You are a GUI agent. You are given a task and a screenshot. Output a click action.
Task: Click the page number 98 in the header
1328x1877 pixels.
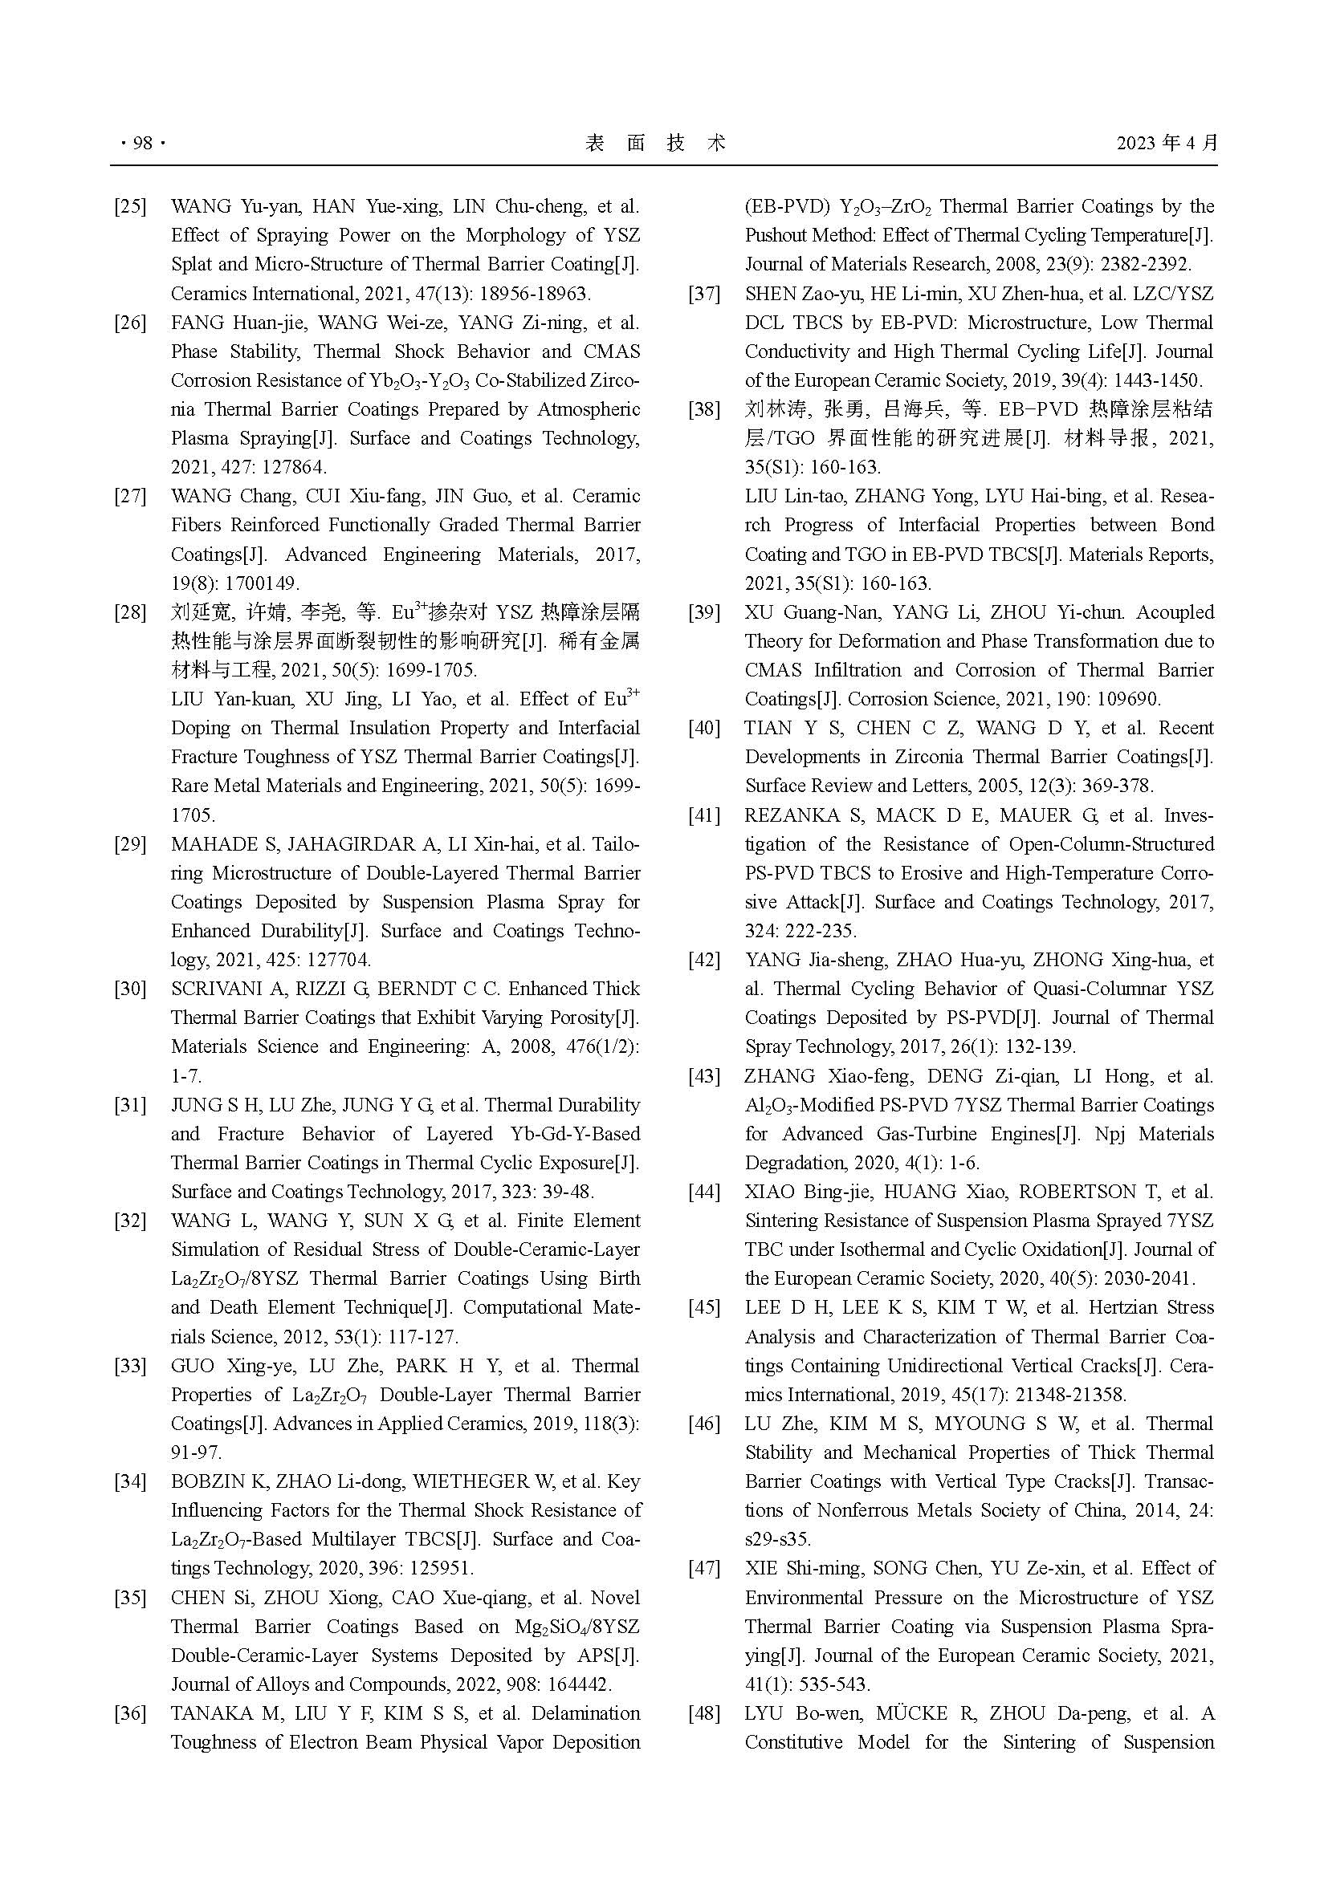pyautogui.click(x=142, y=143)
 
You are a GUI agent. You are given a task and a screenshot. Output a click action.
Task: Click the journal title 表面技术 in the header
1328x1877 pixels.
pyautogui.click(x=656, y=143)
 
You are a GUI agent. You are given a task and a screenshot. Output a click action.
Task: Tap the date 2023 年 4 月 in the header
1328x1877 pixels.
pyautogui.click(x=1167, y=143)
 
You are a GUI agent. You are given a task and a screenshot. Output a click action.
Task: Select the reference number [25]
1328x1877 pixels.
pyautogui.click(x=130, y=206)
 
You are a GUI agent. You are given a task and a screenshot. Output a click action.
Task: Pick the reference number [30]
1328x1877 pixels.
pyautogui.click(x=130, y=989)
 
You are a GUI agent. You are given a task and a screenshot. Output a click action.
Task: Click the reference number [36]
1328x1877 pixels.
pyautogui.click(x=130, y=1713)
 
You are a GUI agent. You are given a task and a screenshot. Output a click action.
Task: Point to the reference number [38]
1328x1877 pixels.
pyautogui.click(x=704, y=409)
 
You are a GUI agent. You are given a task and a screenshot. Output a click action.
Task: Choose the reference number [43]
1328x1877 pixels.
pyautogui.click(x=704, y=1076)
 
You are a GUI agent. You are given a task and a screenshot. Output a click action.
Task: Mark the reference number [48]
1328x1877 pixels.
pyautogui.click(x=704, y=1713)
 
